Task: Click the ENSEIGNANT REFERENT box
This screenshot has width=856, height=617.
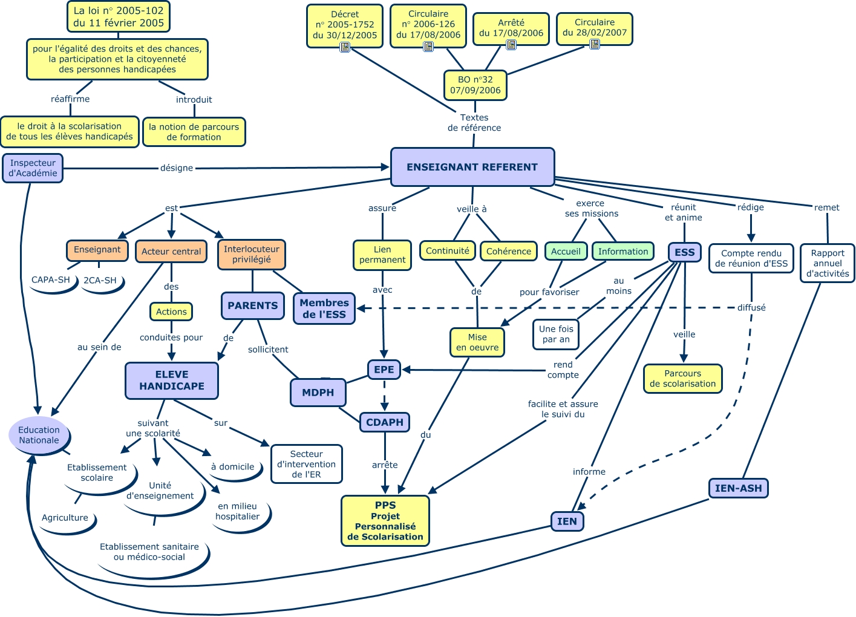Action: tap(472, 167)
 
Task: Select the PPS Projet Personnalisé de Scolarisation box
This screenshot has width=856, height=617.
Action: tap(385, 521)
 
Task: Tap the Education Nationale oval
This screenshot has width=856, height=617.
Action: tap(39, 435)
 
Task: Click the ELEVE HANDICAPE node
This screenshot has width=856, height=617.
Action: tap(172, 380)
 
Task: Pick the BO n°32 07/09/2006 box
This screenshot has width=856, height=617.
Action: tap(475, 85)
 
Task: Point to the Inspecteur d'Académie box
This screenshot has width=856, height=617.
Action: tap(33, 168)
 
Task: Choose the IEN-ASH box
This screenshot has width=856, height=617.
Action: tap(738, 488)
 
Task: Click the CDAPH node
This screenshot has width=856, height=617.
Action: tap(385, 422)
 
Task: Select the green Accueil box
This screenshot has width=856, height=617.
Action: tap(566, 251)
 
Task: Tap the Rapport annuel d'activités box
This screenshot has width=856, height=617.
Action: tap(828, 263)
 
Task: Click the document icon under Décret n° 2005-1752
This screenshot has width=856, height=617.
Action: tap(345, 47)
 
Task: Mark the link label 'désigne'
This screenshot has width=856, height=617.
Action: tap(177, 168)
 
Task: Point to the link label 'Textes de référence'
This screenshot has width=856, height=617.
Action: tap(474, 123)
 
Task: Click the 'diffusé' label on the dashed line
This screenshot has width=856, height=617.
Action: tap(751, 308)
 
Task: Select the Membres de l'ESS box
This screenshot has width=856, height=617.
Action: tap(324, 308)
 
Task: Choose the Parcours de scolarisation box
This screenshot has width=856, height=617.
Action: tap(683, 379)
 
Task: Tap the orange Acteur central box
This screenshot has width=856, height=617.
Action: tap(171, 251)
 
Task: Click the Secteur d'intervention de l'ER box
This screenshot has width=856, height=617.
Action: tap(307, 464)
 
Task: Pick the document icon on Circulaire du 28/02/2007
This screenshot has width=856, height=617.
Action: tap(595, 44)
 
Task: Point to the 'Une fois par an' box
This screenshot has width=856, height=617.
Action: tap(556, 334)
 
